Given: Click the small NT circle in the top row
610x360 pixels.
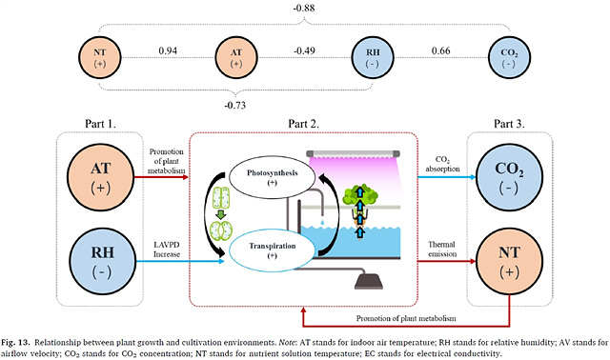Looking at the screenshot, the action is [x=100, y=57].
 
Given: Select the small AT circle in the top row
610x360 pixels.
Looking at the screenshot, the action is [x=236, y=57].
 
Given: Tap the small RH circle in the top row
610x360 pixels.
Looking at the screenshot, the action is [x=373, y=57].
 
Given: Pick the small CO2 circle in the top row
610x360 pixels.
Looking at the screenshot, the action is [x=509, y=57].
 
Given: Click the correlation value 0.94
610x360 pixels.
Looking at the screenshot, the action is [x=168, y=50].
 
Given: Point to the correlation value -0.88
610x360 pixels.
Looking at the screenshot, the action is [x=304, y=8].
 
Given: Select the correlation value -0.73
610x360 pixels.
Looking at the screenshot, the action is [x=235, y=105].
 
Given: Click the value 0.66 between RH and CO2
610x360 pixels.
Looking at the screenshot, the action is [x=440, y=50].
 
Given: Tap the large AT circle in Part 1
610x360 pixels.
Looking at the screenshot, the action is [x=101, y=177].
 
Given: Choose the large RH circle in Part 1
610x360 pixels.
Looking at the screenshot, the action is [x=103, y=261].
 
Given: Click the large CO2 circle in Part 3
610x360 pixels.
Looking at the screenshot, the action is [x=509, y=177].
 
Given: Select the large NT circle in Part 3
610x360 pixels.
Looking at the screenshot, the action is [x=509, y=261].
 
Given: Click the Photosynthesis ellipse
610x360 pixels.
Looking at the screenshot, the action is [x=273, y=177].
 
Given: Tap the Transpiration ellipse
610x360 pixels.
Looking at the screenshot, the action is [x=273, y=250].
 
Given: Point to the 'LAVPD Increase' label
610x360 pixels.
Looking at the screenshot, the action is [x=167, y=250].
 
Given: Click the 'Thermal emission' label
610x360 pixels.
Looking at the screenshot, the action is [x=442, y=250].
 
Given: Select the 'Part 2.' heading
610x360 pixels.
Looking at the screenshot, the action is [x=303, y=124].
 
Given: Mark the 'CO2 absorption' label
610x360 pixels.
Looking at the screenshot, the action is [x=442, y=164].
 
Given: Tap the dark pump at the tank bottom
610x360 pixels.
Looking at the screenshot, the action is [x=369, y=281].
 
